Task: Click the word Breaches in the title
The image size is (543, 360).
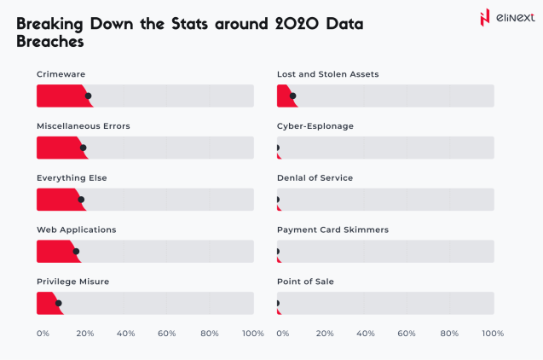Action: pos(50,41)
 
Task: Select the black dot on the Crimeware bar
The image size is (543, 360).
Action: pos(88,96)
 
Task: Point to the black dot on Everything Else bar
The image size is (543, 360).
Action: pos(81,200)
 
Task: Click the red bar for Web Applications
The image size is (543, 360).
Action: pos(56,252)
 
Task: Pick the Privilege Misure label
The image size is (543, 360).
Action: pos(72,282)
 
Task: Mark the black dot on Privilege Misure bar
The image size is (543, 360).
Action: pos(59,303)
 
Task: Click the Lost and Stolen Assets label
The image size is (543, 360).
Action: pos(327,74)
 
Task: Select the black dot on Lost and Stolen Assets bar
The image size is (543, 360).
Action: pos(293,96)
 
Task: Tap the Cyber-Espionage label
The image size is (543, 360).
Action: pos(315,126)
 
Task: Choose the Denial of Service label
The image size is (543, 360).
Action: pos(315,178)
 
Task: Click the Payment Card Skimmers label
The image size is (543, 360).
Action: pos(332,229)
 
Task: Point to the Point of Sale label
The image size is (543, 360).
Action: pos(305,282)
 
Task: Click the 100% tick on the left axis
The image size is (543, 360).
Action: pos(253,334)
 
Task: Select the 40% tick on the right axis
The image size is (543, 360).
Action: pos(366,334)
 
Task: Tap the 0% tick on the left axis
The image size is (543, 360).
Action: pos(43,334)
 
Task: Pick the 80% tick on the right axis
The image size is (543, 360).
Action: pos(450,334)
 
